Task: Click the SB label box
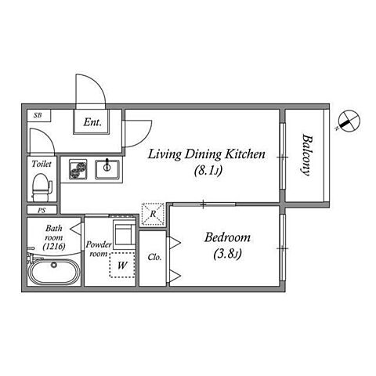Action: pyautogui.click(x=38, y=115)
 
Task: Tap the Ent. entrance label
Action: pyautogui.click(x=92, y=122)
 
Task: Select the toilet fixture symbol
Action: pyautogui.click(x=42, y=187)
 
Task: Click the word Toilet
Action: pyautogui.click(x=42, y=164)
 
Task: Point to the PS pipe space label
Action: pyautogui.click(x=42, y=210)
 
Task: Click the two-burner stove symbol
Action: pyautogui.click(x=78, y=169)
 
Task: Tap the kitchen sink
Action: pyautogui.click(x=107, y=169)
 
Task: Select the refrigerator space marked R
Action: pyautogui.click(x=153, y=214)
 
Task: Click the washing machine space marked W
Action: pyautogui.click(x=122, y=265)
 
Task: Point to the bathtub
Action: pyautogui.click(x=53, y=272)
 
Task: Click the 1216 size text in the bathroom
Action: pyautogui.click(x=54, y=246)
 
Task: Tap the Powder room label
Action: pyautogui.click(x=99, y=249)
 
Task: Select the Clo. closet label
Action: pyautogui.click(x=154, y=258)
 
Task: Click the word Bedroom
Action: pyautogui.click(x=227, y=237)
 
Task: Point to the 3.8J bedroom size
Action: pyautogui.click(x=227, y=254)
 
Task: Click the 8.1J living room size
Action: pyautogui.click(x=208, y=171)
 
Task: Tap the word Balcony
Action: pyautogui.click(x=307, y=155)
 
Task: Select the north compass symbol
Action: pyautogui.click(x=349, y=121)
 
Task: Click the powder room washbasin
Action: pyautogui.click(x=124, y=233)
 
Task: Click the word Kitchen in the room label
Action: pyautogui.click(x=245, y=154)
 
